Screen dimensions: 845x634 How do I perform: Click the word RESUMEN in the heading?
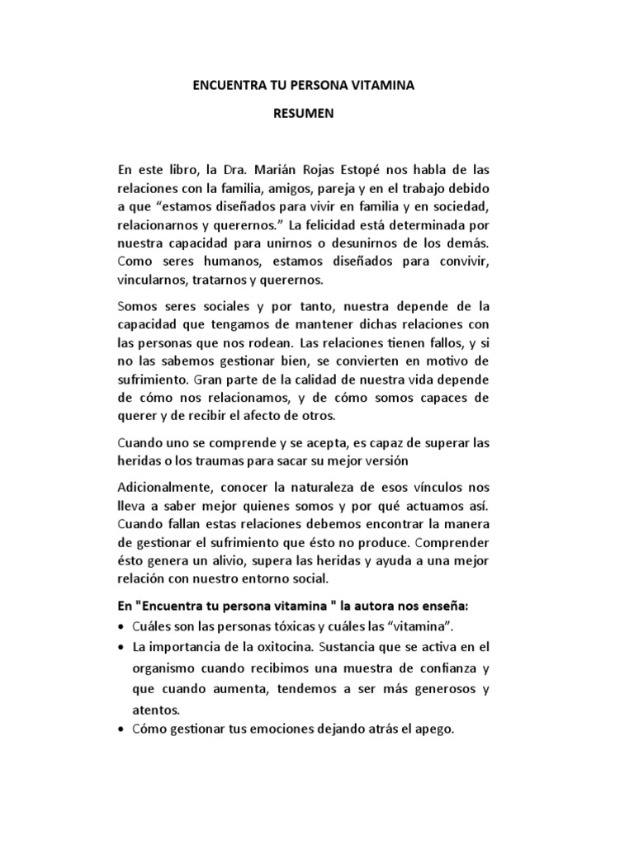(303, 114)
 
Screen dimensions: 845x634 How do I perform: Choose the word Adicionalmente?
(166, 489)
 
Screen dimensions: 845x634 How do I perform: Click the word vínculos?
(431, 489)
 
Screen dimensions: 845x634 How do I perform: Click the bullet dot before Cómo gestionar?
(123, 731)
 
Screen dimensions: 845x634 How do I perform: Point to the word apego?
(436, 731)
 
